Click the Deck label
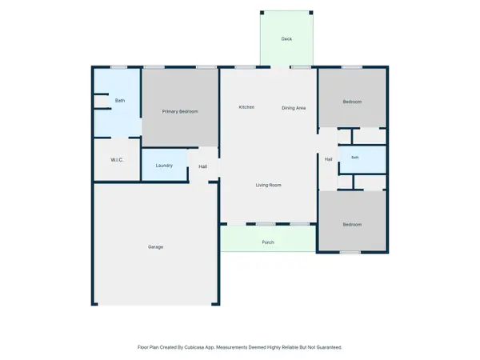click(x=286, y=39)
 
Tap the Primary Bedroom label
click(x=180, y=111)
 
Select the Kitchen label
click(x=246, y=107)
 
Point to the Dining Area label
click(x=294, y=108)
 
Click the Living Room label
click(x=269, y=186)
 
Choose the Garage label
click(x=155, y=247)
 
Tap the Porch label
click(x=268, y=242)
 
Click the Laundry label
click(x=164, y=166)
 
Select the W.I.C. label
click(x=117, y=160)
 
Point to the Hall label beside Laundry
click(x=202, y=166)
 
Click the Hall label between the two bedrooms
click(x=329, y=159)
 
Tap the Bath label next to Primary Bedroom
click(x=120, y=101)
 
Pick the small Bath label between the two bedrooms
click(x=354, y=158)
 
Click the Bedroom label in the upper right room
click(x=352, y=102)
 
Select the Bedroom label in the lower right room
click(x=352, y=224)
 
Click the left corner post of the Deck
click(x=262, y=13)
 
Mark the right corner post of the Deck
click(x=311, y=13)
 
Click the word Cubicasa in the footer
click(x=195, y=347)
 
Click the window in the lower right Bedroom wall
click(x=350, y=253)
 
